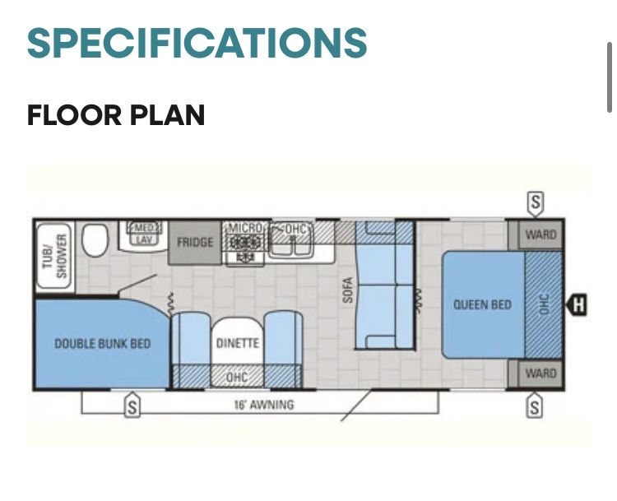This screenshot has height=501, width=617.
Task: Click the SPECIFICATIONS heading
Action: pyautogui.click(x=197, y=43)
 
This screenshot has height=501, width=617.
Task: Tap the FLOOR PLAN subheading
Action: pyautogui.click(x=116, y=115)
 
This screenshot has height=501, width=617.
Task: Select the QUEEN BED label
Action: pyautogui.click(x=482, y=304)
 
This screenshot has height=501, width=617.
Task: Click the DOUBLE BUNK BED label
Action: pyautogui.click(x=102, y=344)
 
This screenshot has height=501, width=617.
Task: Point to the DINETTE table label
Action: pyautogui.click(x=238, y=343)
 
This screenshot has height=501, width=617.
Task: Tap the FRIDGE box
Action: pyautogui.click(x=195, y=243)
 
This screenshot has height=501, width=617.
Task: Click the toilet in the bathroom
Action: pyautogui.click(x=95, y=240)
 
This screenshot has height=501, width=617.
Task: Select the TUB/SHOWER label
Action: pyautogui.click(x=54, y=256)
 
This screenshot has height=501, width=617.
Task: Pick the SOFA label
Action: pyautogui.click(x=347, y=290)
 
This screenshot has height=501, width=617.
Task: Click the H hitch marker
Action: pyautogui.click(x=577, y=304)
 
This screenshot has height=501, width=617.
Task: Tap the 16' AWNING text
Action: pyautogui.click(x=264, y=405)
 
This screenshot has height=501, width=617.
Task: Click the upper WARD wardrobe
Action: pyautogui.click(x=540, y=235)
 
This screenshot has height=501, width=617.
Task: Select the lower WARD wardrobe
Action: pyautogui.click(x=540, y=373)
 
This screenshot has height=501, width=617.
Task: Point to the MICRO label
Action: pyautogui.click(x=245, y=228)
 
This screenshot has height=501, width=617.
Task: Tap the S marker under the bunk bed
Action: pyautogui.click(x=132, y=406)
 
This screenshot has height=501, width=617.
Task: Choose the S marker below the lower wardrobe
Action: pyautogui.click(x=535, y=406)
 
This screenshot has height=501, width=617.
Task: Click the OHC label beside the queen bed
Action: pyautogui.click(x=544, y=304)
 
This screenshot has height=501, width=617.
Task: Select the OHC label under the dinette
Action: pyautogui.click(x=237, y=377)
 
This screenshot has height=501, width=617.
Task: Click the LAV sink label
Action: pyautogui.click(x=143, y=239)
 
